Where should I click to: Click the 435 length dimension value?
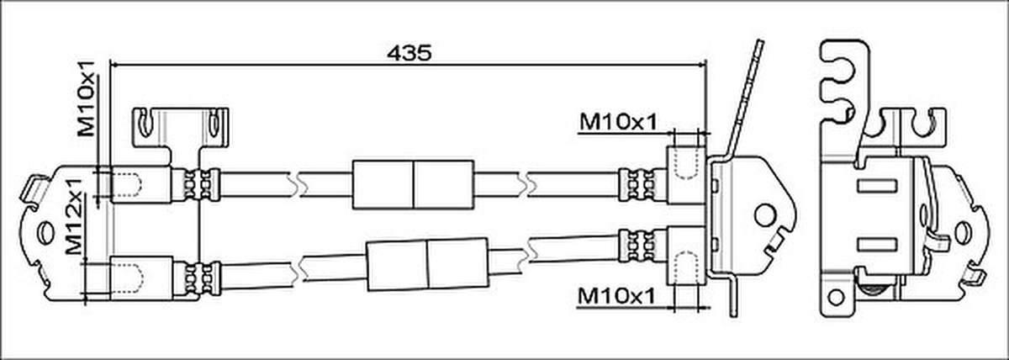click(x=409, y=53)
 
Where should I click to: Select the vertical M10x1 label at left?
click(x=87, y=98)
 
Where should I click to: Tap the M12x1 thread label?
click(x=74, y=216)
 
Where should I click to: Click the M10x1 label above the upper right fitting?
click(x=618, y=122)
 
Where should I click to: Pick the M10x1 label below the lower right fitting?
click(x=616, y=296)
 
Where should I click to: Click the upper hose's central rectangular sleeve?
click(x=413, y=185)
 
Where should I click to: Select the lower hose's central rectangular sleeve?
click(x=427, y=264)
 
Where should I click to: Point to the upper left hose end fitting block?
click(x=141, y=184)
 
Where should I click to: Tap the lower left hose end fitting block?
click(x=141, y=278)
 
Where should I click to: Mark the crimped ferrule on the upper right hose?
click(x=637, y=185)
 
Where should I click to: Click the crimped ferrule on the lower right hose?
click(x=637, y=246)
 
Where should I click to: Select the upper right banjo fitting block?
click(x=686, y=175)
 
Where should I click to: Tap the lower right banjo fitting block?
click(x=686, y=256)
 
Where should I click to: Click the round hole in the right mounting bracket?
click(x=765, y=215)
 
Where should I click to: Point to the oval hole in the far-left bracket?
click(x=45, y=233)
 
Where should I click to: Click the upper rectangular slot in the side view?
click(x=877, y=186)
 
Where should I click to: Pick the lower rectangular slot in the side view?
click(x=877, y=245)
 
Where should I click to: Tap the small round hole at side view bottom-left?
click(x=836, y=298)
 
